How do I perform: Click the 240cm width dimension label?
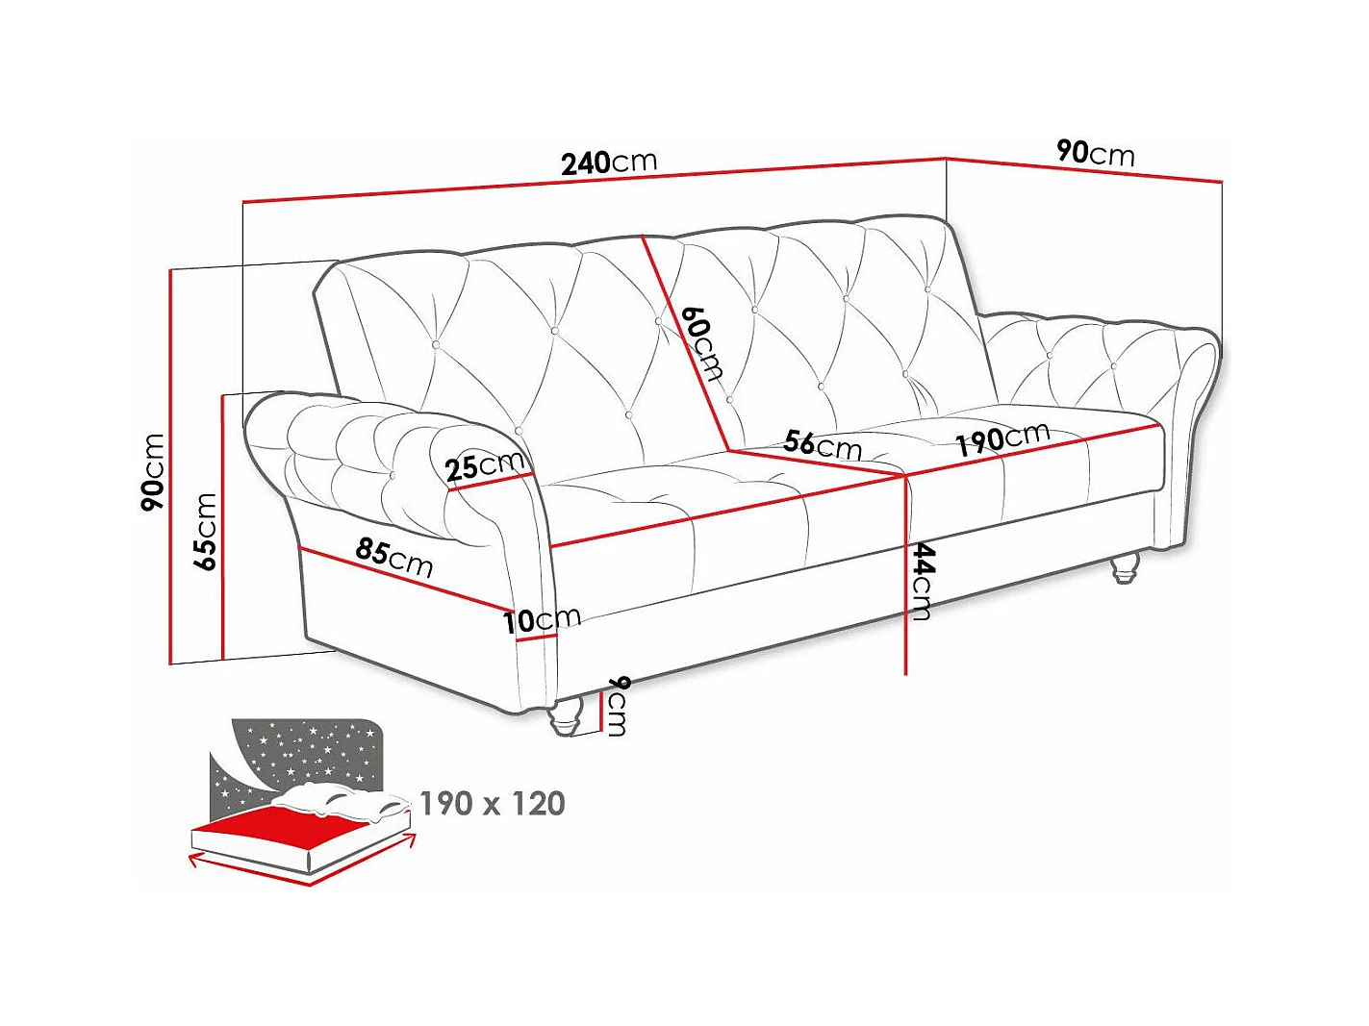click(609, 162)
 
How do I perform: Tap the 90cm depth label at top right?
click(1096, 152)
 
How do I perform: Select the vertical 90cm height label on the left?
click(152, 471)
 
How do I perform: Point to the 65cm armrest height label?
click(205, 532)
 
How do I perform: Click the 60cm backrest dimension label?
click(701, 343)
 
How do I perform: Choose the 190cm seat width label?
click(1001, 438)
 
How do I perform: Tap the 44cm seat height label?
click(922, 581)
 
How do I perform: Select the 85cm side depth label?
click(394, 557)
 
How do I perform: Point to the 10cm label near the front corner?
click(543, 619)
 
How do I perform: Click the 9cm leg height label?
click(618, 705)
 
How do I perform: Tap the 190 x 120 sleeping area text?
click(493, 803)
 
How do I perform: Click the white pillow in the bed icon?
click(337, 800)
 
